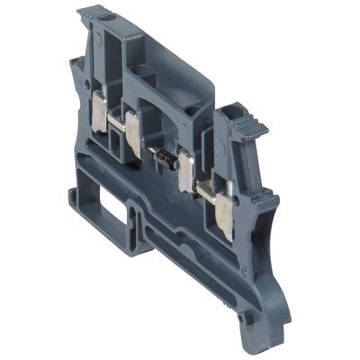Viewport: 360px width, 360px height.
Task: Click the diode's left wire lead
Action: pyautogui.click(x=153, y=150)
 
